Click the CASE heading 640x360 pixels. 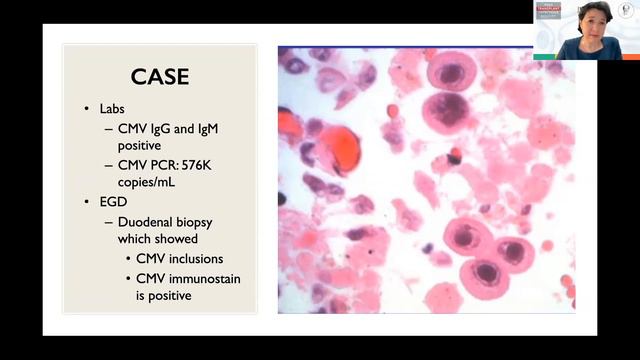coord(160,76)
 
